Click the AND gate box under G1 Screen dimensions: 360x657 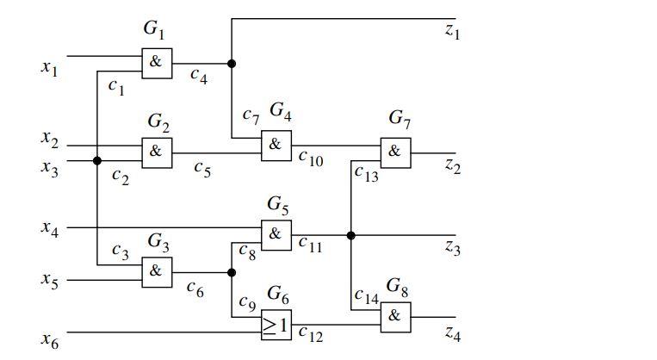click(x=157, y=63)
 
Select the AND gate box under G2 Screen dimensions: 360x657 click(x=157, y=152)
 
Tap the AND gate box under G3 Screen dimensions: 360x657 click(x=157, y=270)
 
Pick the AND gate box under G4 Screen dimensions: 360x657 click(x=276, y=146)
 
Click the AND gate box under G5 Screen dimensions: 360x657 click(x=276, y=234)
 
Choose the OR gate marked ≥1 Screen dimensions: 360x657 click(x=276, y=324)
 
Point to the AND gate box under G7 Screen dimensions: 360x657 click(x=395, y=152)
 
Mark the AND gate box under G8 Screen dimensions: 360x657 click(x=395, y=316)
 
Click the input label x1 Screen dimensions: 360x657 click(x=50, y=67)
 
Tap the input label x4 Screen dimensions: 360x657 click(x=50, y=228)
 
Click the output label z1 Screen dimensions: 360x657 click(x=452, y=33)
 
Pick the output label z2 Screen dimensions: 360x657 click(x=452, y=166)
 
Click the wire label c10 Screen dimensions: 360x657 click(x=311, y=158)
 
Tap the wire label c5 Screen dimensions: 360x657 click(x=202, y=170)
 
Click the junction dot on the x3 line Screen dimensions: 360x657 click(x=97, y=160)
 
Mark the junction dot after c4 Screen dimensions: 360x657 click(x=232, y=63)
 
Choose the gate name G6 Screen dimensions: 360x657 click(x=277, y=294)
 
